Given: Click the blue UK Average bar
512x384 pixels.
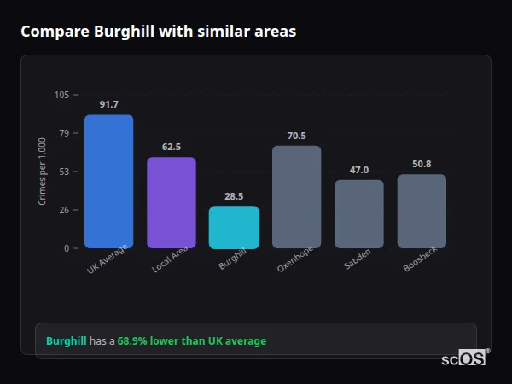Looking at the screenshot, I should point(108,181).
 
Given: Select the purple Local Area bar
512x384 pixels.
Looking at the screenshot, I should point(172,202).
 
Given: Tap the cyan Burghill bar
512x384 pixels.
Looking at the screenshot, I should point(234,227).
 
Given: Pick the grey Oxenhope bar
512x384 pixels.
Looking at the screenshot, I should point(297,196).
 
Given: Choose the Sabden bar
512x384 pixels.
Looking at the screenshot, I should point(359,213).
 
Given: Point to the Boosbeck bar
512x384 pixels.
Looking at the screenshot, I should point(422,211).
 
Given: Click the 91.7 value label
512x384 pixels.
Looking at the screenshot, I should point(108,104).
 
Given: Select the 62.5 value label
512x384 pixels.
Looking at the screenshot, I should point(172,147).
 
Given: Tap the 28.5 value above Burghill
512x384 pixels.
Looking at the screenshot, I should point(234,195).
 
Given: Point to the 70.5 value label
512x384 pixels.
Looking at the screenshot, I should point(297,136).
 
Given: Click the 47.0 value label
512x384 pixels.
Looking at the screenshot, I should point(359,170).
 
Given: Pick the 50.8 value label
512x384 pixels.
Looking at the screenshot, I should point(422,164).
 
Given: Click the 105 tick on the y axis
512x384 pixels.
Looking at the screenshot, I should point(61,95).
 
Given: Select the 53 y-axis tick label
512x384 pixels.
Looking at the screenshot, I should point(64,172).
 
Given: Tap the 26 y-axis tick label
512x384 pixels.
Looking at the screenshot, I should point(64,210).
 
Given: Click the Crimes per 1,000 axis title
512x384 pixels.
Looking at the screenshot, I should point(43,172).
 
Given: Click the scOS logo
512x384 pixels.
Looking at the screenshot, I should point(464,358).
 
